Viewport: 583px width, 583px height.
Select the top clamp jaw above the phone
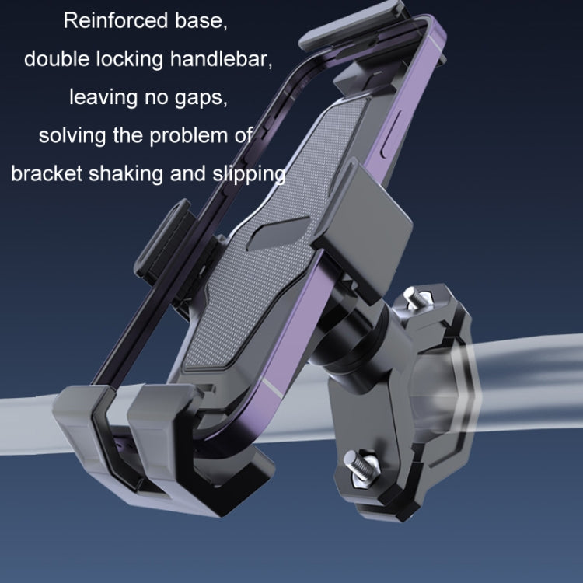click(x=354, y=27)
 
